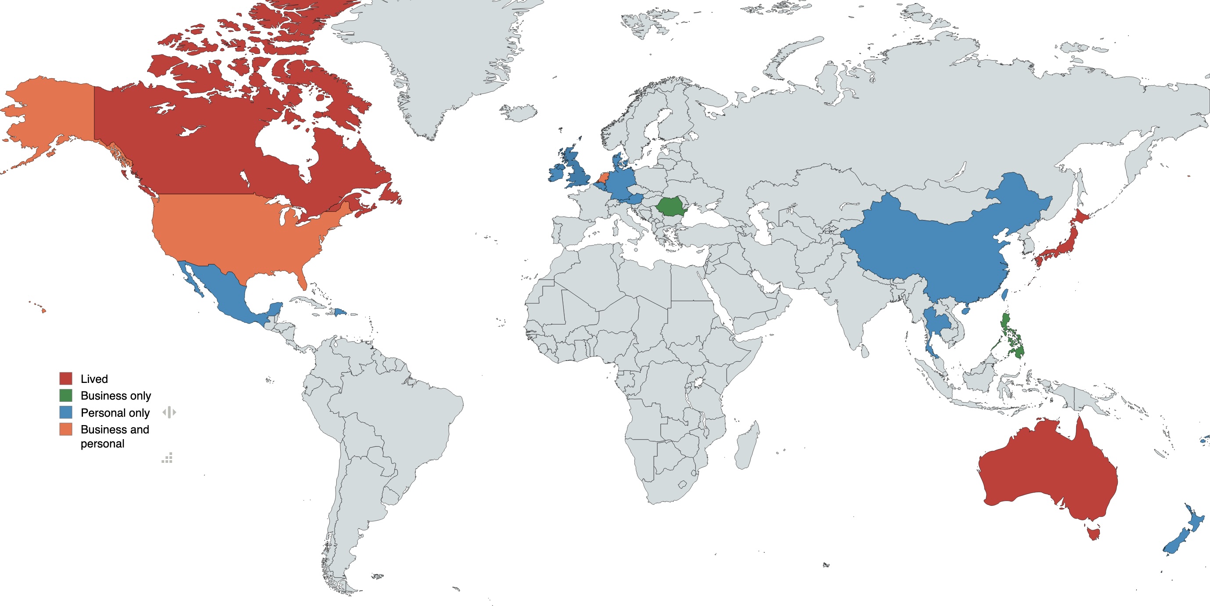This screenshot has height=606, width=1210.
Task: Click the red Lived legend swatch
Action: [x=66, y=379]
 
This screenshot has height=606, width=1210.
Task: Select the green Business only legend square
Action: [x=66, y=396]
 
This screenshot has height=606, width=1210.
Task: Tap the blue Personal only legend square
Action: [x=66, y=412]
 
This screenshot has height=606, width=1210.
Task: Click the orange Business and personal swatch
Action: [x=66, y=429]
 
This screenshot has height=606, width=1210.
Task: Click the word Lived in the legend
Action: [x=94, y=379]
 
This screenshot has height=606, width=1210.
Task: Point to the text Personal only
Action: [x=115, y=413]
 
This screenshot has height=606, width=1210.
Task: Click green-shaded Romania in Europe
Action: [x=670, y=206]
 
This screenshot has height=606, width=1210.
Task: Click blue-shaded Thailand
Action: [x=936, y=324]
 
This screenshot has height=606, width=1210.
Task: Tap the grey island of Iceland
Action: [x=519, y=113]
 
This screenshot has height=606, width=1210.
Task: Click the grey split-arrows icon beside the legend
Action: [x=169, y=412]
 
